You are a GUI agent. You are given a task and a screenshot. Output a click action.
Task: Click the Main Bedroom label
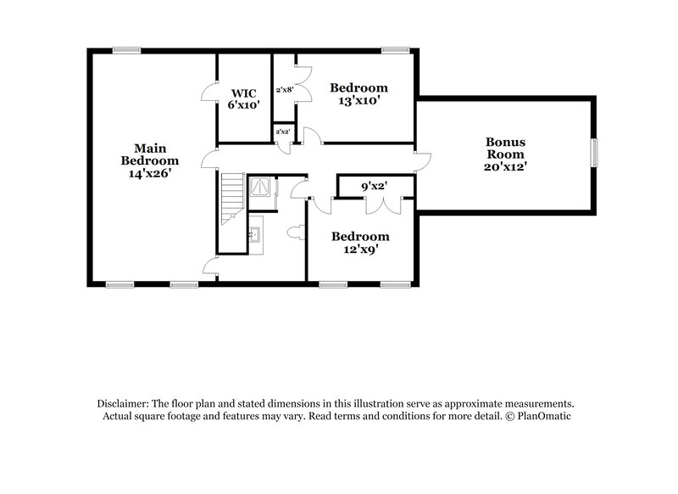(149, 153)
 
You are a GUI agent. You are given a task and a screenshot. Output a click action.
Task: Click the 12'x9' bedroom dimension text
(359, 250)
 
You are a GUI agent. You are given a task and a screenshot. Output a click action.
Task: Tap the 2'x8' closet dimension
(284, 89)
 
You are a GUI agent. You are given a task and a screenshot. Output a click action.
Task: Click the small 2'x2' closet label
(282, 132)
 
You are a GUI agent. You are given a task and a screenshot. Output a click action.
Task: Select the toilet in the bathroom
(295, 232)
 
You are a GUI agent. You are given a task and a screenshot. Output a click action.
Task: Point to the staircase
(231, 199)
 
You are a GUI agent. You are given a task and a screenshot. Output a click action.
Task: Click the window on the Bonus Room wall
(595, 151)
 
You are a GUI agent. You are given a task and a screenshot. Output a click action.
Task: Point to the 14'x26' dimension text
(149, 172)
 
